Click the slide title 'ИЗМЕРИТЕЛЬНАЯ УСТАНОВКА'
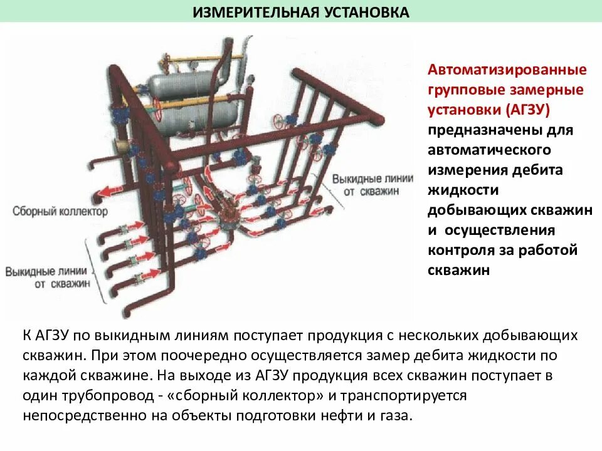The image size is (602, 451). [x=301, y=12]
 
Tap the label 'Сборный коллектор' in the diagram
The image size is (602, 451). [x=60, y=212]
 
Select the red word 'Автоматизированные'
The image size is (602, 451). [x=507, y=68]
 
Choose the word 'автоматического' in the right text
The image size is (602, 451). [x=489, y=150]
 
